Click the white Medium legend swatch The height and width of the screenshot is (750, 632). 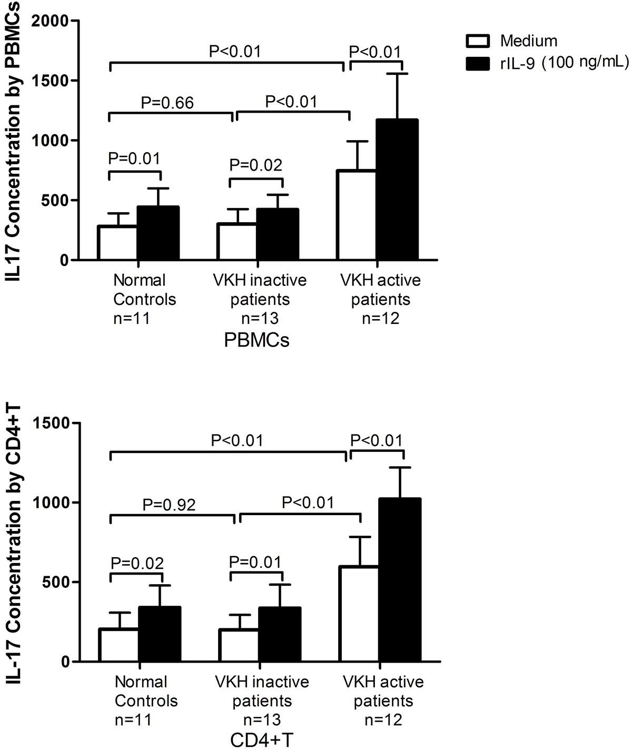tap(478, 41)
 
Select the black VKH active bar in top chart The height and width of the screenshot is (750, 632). tap(398, 190)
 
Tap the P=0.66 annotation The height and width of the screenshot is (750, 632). tap(167, 102)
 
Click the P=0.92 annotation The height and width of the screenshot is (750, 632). tap(169, 505)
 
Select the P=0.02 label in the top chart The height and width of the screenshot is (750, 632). tap(256, 165)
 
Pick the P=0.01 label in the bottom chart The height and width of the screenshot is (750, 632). tap(255, 562)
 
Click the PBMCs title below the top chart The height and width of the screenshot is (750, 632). tap(256, 341)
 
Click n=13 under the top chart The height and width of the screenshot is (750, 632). tap(259, 319)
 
